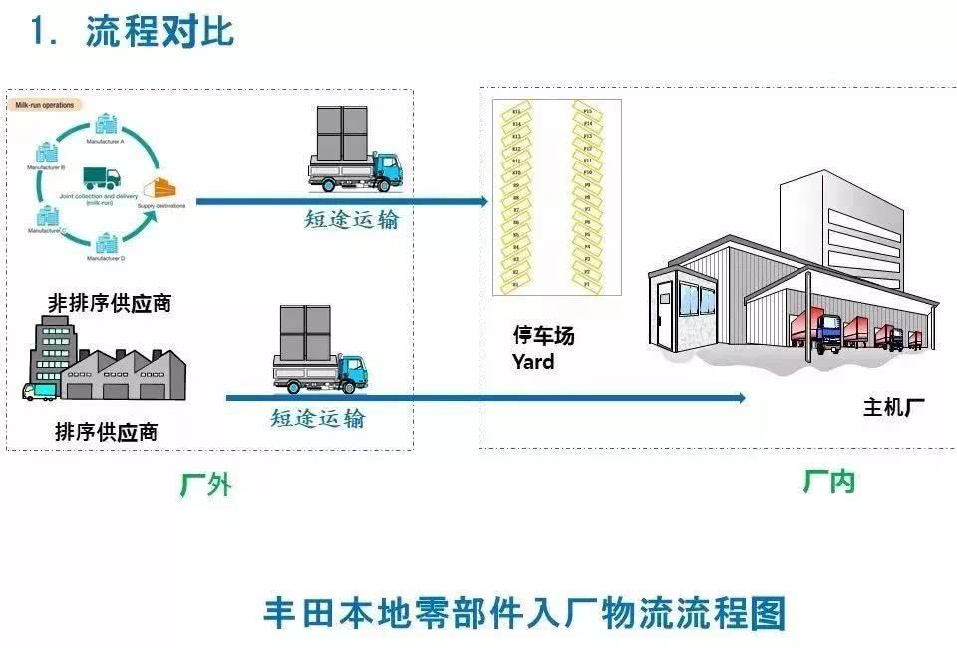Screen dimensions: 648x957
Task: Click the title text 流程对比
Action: click(159, 32)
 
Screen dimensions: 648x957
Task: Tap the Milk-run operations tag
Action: click(46, 104)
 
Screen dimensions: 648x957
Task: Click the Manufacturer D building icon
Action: click(106, 242)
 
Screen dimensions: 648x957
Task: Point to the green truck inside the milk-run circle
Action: click(101, 178)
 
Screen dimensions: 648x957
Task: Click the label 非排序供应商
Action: click(110, 303)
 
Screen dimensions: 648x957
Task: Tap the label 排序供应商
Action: click(106, 432)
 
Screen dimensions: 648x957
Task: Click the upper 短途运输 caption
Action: click(351, 220)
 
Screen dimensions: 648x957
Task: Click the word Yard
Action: click(533, 362)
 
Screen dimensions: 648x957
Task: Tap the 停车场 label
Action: click(543, 337)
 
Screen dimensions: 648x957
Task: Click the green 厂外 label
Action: click(206, 485)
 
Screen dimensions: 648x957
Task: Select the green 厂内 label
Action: click(828, 482)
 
